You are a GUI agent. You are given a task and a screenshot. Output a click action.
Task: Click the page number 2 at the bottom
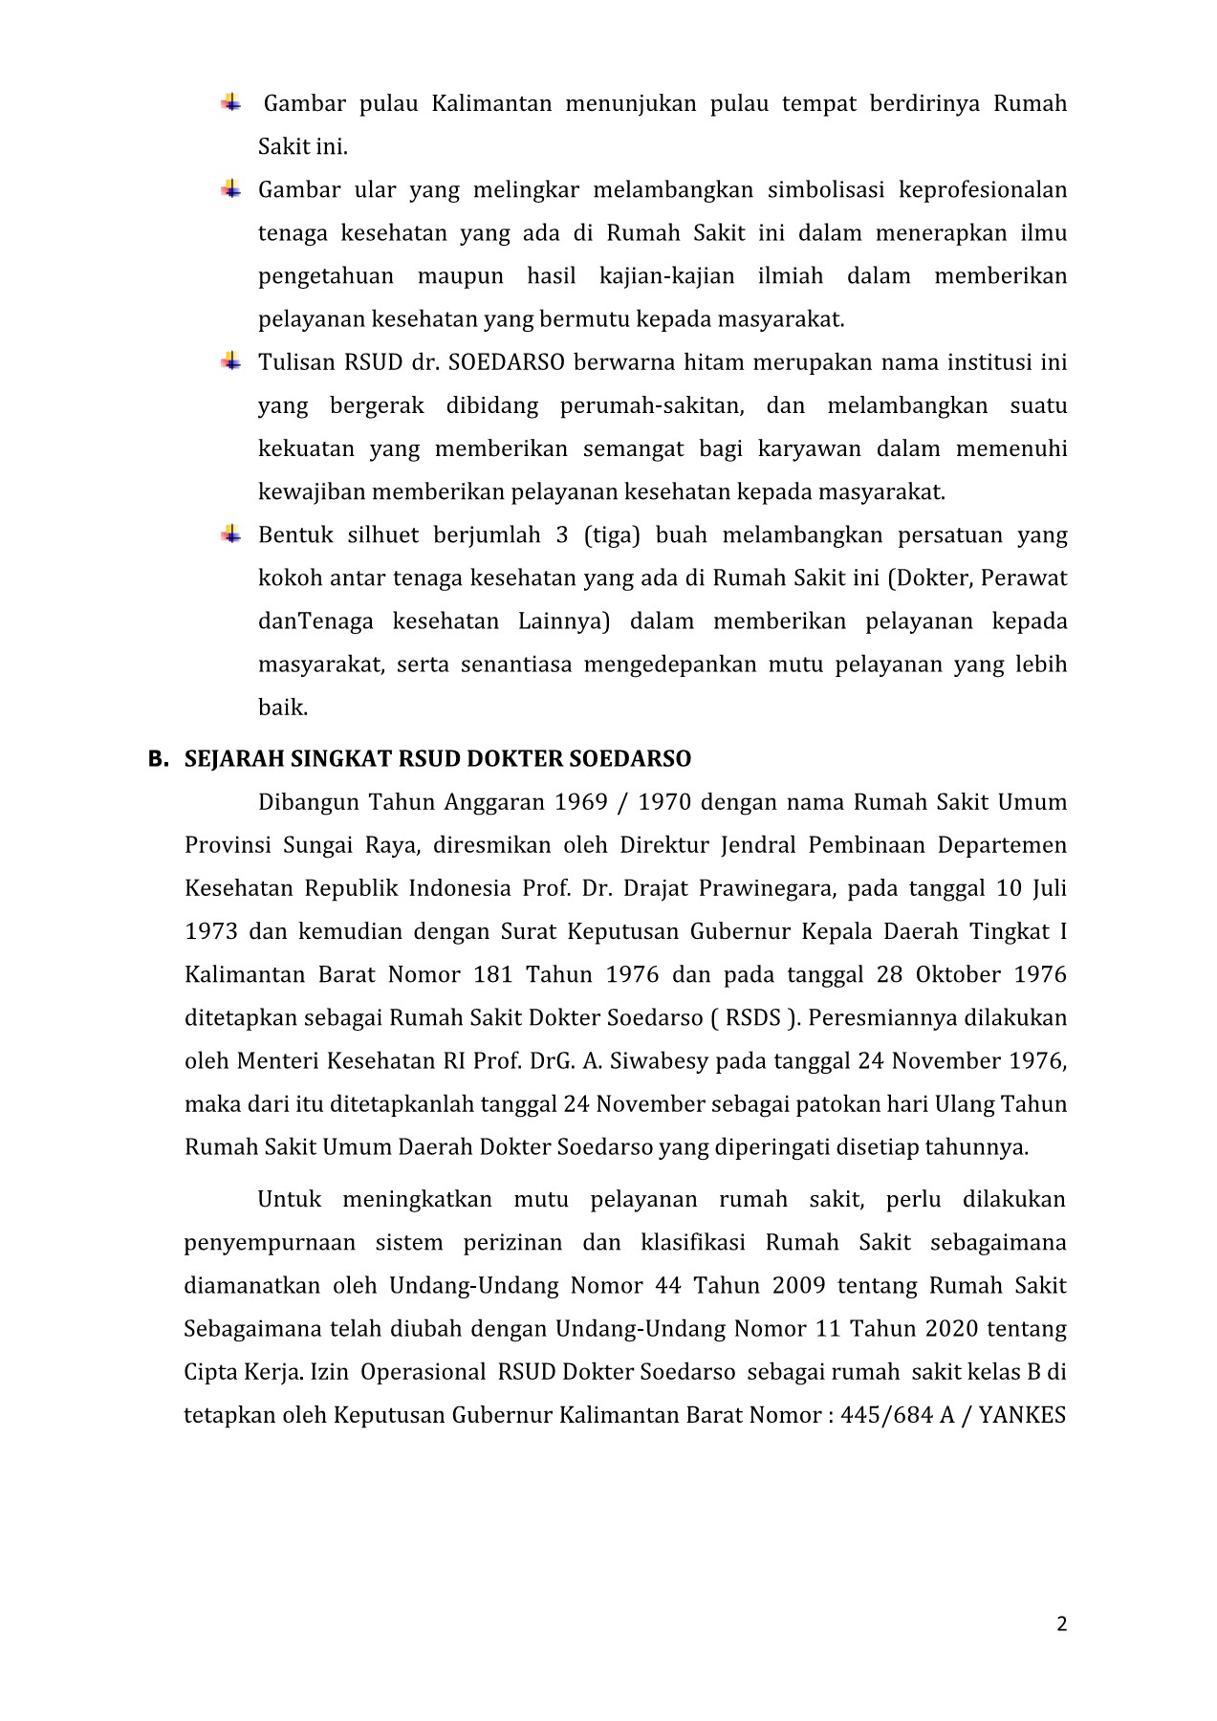point(1061,1624)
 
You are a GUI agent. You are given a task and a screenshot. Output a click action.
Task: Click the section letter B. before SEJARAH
point(158,759)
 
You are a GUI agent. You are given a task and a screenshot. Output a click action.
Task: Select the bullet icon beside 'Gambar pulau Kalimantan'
point(230,102)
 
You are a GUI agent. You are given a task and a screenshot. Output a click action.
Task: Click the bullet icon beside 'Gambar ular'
point(230,188)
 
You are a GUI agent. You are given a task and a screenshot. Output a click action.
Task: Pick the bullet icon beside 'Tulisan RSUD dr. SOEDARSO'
point(230,361)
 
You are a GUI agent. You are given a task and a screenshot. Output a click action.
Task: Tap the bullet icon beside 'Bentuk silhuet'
point(230,534)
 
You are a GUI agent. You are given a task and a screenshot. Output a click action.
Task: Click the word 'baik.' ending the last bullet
point(283,708)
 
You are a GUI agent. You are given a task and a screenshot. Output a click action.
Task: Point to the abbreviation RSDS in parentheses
point(753,1018)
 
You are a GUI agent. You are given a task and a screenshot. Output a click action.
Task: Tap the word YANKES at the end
point(1023,1415)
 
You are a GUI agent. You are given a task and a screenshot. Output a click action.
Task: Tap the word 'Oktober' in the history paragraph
point(958,975)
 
